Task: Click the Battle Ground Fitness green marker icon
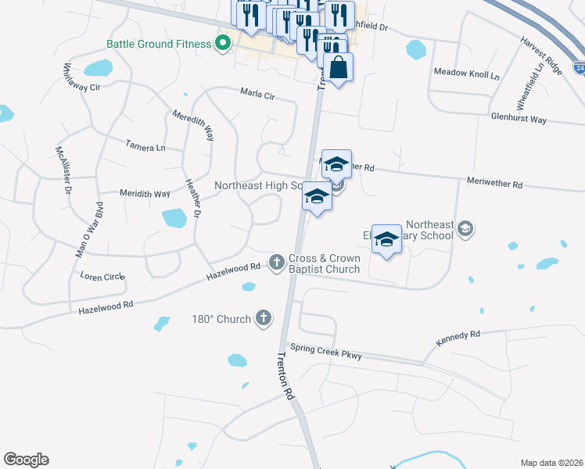pyautogui.click(x=223, y=42)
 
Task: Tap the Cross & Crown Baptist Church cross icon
pyautogui.click(x=276, y=262)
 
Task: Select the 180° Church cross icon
pyautogui.click(x=264, y=318)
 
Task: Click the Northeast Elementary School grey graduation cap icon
pyautogui.click(x=465, y=228)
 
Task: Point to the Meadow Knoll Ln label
pyautogui.click(x=466, y=73)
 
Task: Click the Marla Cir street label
pyautogui.click(x=258, y=95)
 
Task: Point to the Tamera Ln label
pyautogui.click(x=145, y=145)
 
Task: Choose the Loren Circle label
pyautogui.click(x=103, y=276)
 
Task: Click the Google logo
pyautogui.click(x=26, y=460)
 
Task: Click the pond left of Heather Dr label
pyautogui.click(x=174, y=218)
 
